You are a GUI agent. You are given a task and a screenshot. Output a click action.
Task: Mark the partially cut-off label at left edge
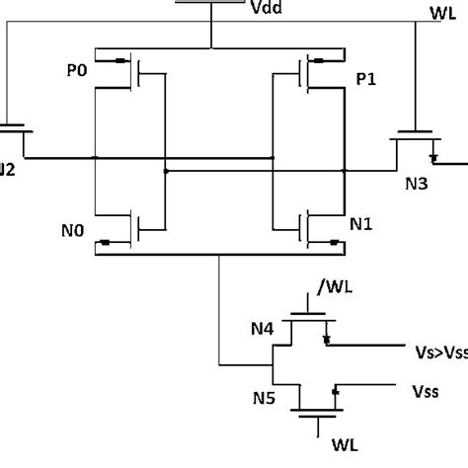click(8, 168)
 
